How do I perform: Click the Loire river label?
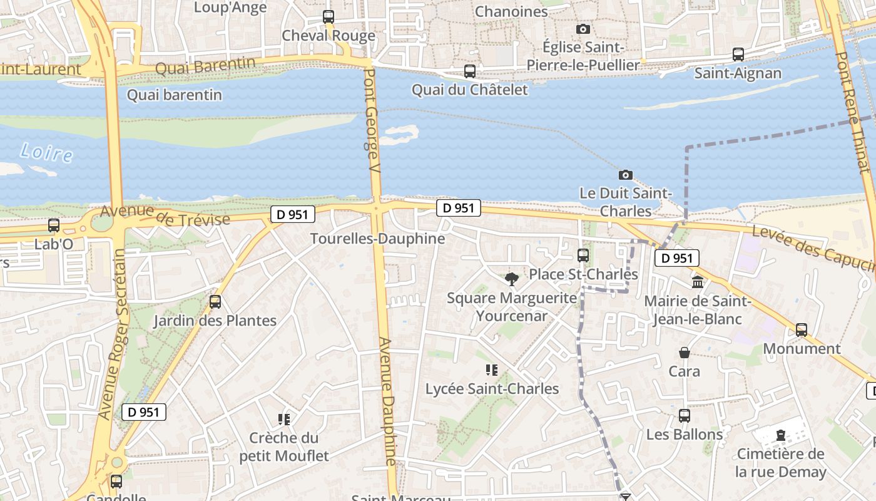pos(46,152)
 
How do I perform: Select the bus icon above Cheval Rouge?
pos(328,17)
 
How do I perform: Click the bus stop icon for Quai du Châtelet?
pos(470,71)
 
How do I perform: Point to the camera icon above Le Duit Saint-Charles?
pos(625,175)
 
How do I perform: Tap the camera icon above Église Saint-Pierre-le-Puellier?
pos(583,29)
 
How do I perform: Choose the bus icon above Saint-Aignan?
pos(738,54)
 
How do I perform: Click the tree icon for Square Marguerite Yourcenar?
pos(512,279)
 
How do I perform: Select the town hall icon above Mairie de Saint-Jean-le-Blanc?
pos(698,282)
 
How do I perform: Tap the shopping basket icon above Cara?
pos(685,353)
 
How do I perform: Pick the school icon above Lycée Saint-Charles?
pos(492,370)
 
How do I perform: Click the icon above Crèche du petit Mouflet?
pos(284,419)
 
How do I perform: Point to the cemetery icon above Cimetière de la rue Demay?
pos(781,435)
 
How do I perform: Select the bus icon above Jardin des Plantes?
pos(215,302)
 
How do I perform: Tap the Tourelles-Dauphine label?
pos(377,239)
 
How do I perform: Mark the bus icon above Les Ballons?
pos(685,416)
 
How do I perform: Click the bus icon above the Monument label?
pos(802,330)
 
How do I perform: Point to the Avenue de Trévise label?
pos(165,216)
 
